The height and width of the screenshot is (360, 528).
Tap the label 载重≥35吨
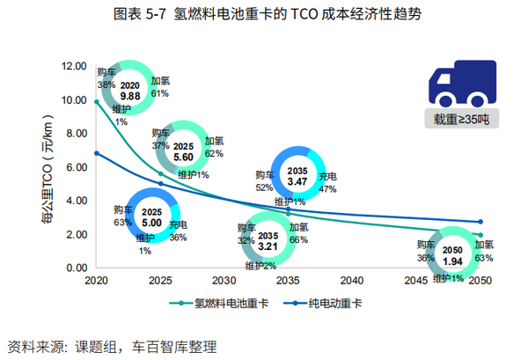pyautogui.click(x=461, y=119)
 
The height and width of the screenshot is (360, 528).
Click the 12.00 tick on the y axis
pyautogui.click(x=73, y=67)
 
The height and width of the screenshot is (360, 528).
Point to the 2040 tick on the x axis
pyautogui.click(x=352, y=281)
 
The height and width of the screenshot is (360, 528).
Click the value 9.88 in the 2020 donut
pyautogui.click(x=130, y=95)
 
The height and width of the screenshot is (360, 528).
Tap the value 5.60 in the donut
pyautogui.click(x=183, y=156)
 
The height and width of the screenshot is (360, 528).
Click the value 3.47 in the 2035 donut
pyautogui.click(x=297, y=180)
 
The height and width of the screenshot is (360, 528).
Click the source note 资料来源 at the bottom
pyautogui.click(x=111, y=346)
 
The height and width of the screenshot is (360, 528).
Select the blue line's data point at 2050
pyautogui.click(x=480, y=222)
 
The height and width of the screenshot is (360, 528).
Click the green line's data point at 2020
pyautogui.click(x=96, y=101)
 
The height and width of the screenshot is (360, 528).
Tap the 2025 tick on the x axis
pyautogui.click(x=160, y=281)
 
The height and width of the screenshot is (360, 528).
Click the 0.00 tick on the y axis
pyautogui.click(x=74, y=268)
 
